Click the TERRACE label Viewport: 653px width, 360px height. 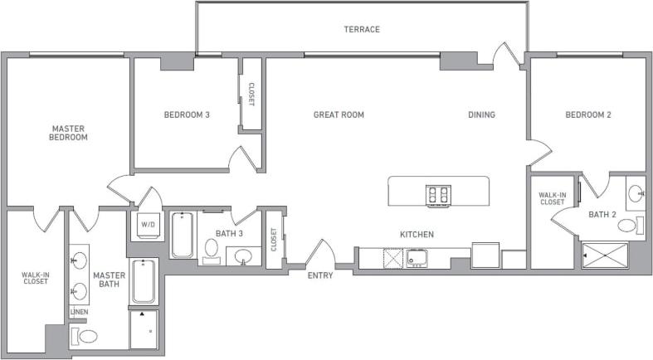pos(362,30)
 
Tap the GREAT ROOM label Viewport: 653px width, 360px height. pos(339,114)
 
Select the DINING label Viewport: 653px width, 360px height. pos(481,114)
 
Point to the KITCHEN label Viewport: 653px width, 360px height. pos(417,235)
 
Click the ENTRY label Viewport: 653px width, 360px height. pos(319,275)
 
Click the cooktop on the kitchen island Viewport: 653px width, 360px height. pos(438,196)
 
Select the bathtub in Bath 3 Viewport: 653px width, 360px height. pos(183,235)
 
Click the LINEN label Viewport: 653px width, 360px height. pos(80,312)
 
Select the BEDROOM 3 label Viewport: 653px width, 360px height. pos(186,114)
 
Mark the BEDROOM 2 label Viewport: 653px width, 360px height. pos(587,114)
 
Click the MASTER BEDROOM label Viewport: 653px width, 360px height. pos(69,133)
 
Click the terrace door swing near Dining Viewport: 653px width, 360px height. pos(505,55)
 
